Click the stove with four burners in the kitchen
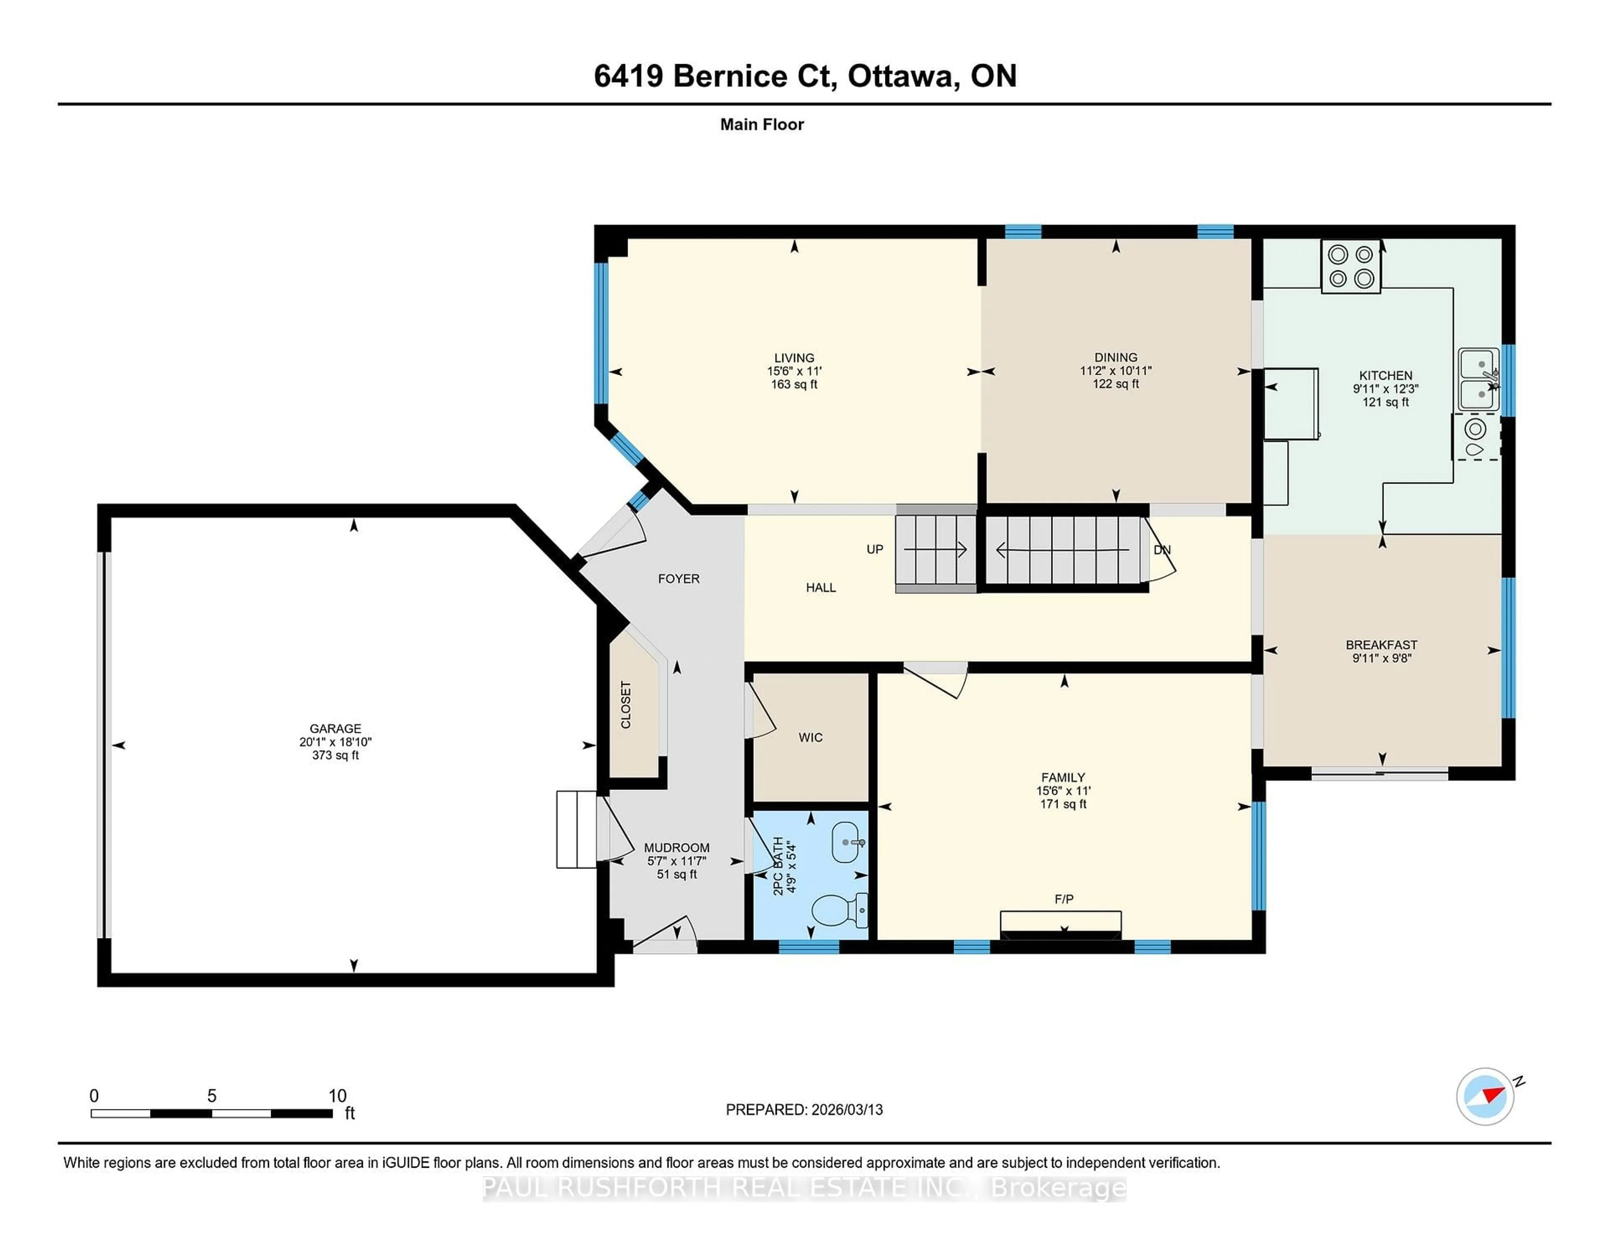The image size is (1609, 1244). coord(1350,267)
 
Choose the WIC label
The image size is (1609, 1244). coord(810,737)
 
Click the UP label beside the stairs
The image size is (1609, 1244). coord(874,549)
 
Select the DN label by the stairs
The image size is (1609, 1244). coord(1162,550)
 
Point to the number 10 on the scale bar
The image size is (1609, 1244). coord(337,1096)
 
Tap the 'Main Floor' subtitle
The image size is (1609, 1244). coord(762,124)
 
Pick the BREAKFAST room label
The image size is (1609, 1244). coord(1381,645)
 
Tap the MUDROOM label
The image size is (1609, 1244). coord(676,847)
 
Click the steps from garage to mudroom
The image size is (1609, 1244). coord(576,829)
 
